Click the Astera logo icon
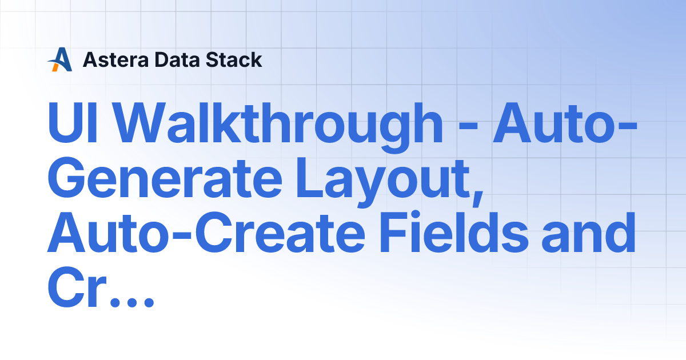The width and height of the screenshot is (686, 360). (59, 59)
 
